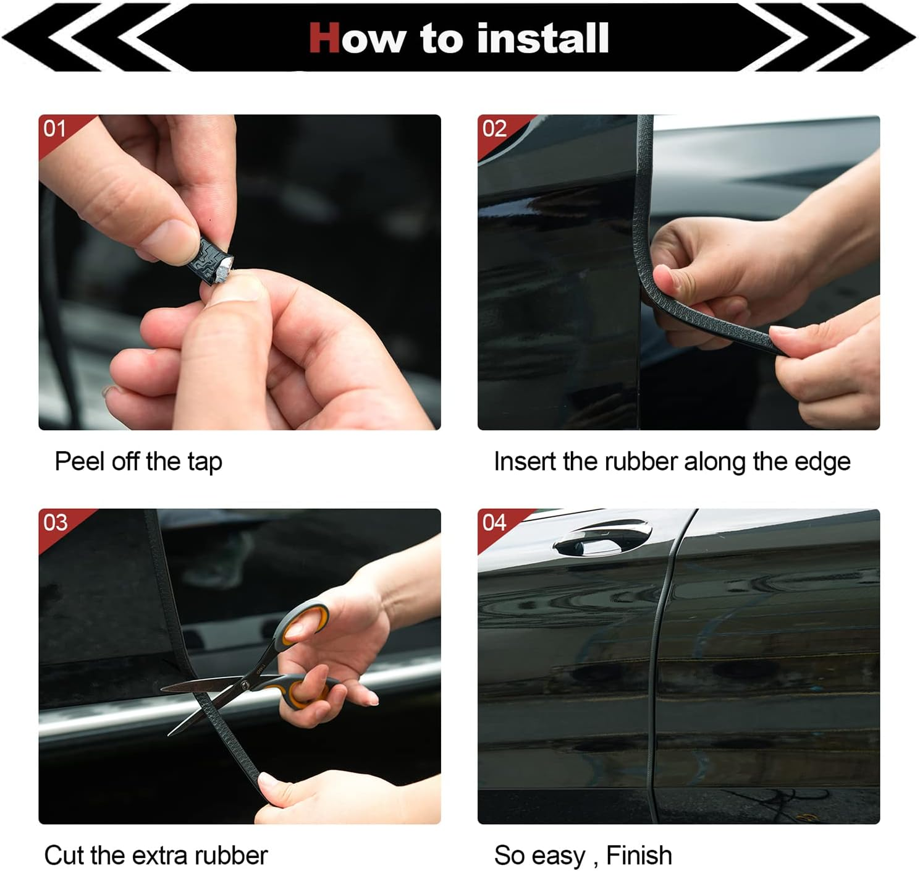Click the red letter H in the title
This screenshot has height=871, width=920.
click(x=324, y=38)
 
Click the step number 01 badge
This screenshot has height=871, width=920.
click(x=54, y=129)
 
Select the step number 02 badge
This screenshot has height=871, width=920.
click(x=494, y=129)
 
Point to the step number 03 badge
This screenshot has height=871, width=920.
click(x=55, y=523)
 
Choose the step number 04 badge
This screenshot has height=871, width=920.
click(x=494, y=523)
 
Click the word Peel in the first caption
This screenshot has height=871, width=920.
click(x=80, y=462)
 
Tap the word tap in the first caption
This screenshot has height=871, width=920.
click(x=203, y=463)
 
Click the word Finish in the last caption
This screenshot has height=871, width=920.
click(x=639, y=856)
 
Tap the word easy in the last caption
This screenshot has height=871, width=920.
click(x=558, y=857)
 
